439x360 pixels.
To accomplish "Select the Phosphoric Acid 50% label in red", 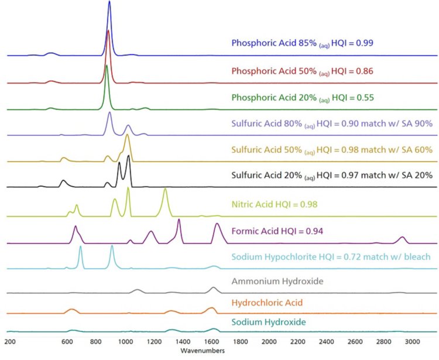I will coord(302,71).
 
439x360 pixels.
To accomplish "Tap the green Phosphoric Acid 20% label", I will coord(302,97).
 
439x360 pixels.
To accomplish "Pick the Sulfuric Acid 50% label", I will coord(332,150).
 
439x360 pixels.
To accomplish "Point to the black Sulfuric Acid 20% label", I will coord(332,175).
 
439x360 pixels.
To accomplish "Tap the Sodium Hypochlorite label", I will coord(331,256).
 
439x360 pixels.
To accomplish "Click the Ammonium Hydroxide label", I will coord(277,282).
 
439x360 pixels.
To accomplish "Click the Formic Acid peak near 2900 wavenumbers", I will coord(402,238).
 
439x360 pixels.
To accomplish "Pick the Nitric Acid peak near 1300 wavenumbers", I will coord(166,190).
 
